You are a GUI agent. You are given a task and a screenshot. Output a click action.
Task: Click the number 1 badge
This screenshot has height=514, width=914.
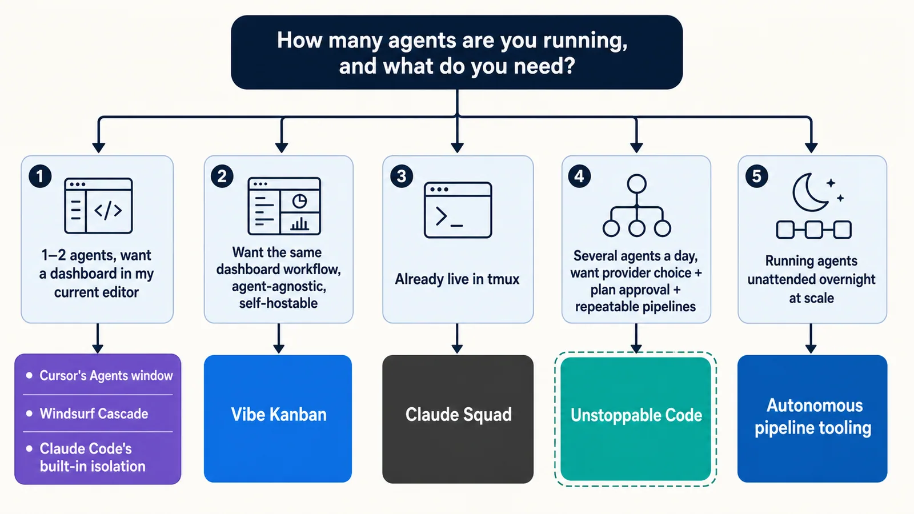point(40,176)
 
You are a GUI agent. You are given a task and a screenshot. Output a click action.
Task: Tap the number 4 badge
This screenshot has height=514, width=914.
point(579,176)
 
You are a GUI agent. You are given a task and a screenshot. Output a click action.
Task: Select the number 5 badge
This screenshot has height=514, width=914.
point(756,176)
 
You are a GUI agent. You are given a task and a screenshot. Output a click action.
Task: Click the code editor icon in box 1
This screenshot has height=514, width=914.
point(98,206)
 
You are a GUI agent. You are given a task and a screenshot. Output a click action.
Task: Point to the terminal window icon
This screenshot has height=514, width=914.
point(458,210)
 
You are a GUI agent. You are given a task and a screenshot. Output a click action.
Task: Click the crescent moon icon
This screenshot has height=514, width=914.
point(809,192)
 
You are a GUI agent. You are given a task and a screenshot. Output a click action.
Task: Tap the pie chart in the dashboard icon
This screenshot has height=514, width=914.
point(299,201)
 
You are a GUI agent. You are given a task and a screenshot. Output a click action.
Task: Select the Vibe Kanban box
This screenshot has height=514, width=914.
point(278,419)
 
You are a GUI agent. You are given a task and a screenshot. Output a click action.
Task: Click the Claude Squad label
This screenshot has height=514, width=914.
point(458,415)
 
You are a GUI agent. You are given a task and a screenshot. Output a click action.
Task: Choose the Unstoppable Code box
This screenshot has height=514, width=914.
point(636,419)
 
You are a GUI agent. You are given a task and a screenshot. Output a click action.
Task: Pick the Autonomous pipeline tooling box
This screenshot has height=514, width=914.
point(812,419)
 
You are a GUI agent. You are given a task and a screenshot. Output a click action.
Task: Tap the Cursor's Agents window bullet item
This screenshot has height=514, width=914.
point(99,375)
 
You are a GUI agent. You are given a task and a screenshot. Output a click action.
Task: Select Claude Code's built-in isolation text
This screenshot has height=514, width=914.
point(92,457)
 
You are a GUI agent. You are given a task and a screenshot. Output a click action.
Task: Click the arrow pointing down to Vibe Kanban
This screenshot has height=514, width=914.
point(279,339)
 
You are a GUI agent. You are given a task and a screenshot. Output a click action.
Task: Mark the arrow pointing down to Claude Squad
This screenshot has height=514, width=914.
point(457,339)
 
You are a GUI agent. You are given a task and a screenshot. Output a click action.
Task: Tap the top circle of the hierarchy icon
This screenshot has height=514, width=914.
point(636,184)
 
